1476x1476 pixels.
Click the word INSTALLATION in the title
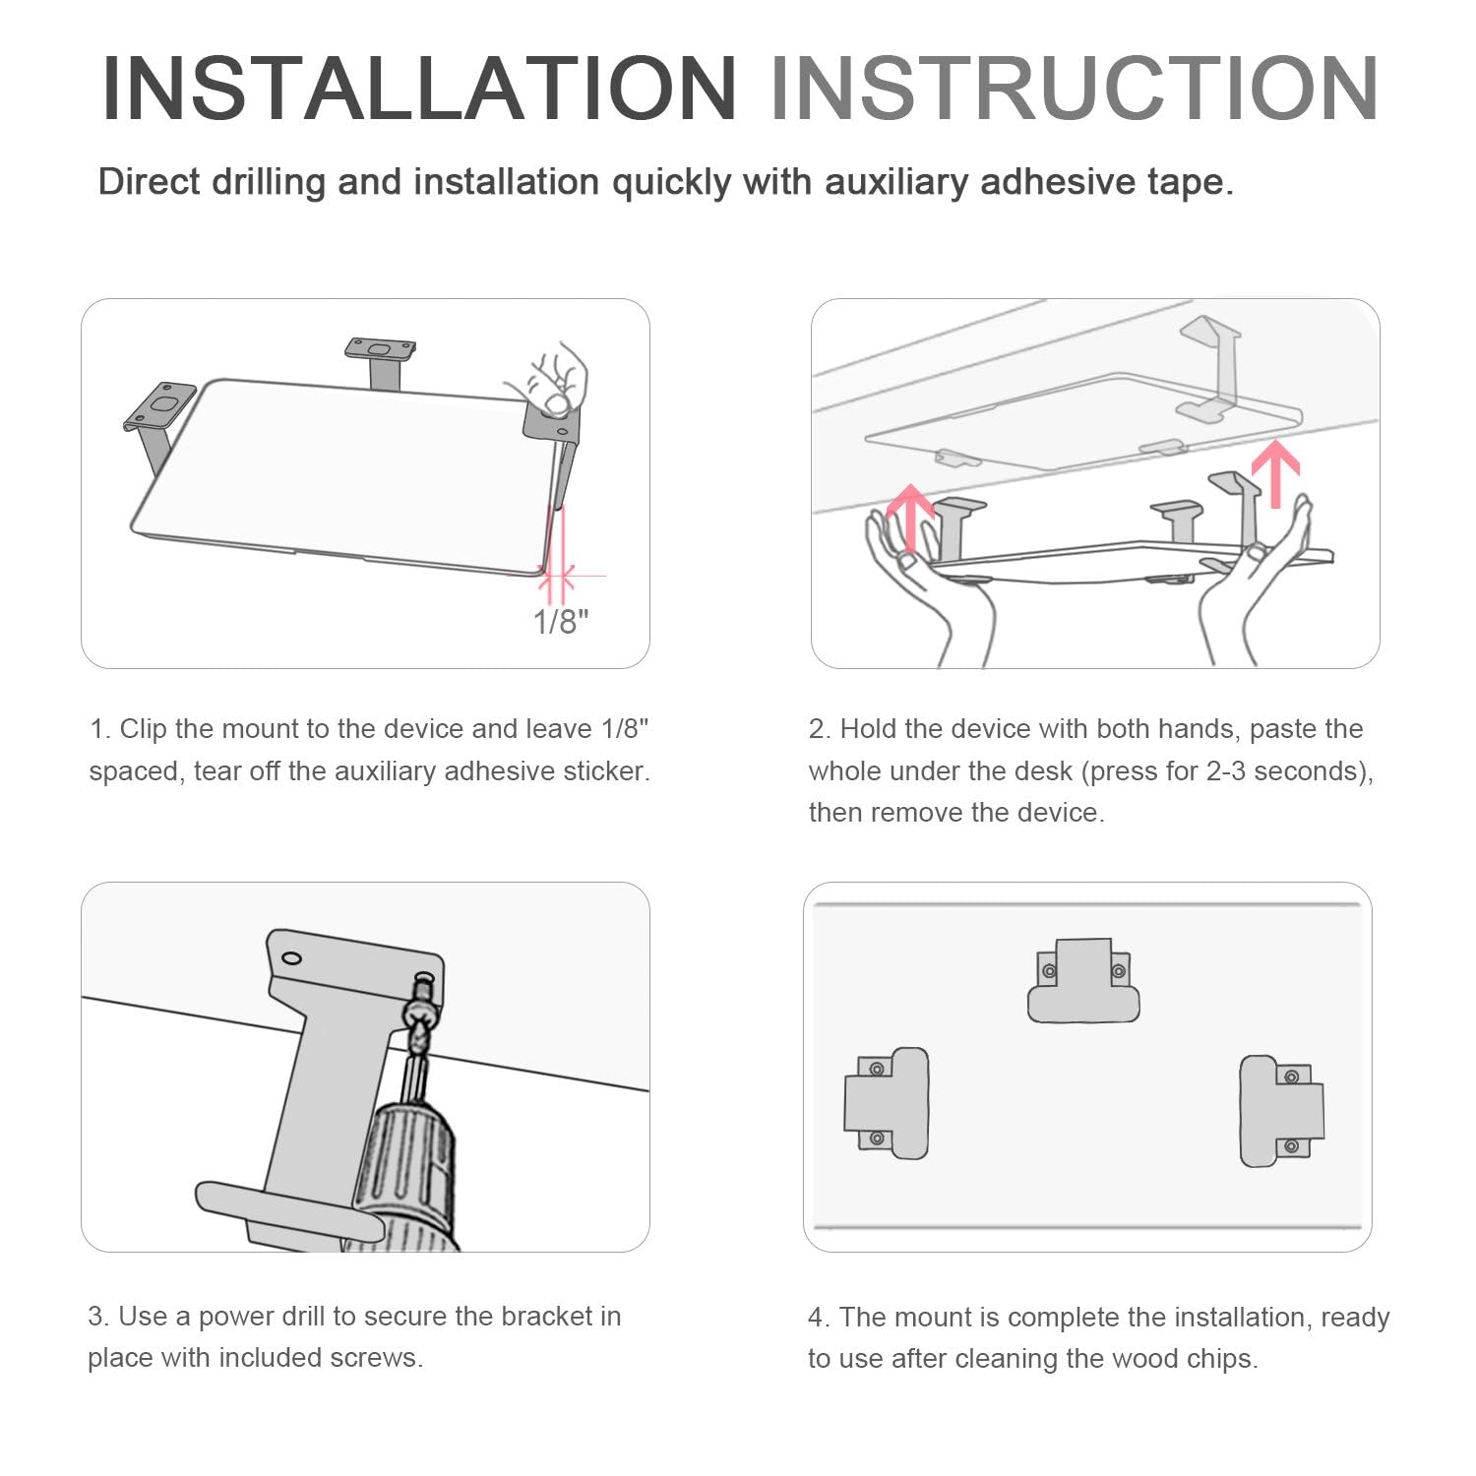pos(419,89)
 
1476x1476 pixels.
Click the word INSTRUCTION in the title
pos(1075,89)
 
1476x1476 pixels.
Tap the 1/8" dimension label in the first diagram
pos(561,622)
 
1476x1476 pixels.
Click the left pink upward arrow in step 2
pos(910,517)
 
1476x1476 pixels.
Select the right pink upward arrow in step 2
pos(1276,473)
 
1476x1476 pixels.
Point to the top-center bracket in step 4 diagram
pos(1083,980)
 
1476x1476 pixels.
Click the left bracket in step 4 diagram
pos(887,1103)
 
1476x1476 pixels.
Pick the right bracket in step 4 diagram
pos(1281,1111)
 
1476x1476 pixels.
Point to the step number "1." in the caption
pos(99,729)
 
